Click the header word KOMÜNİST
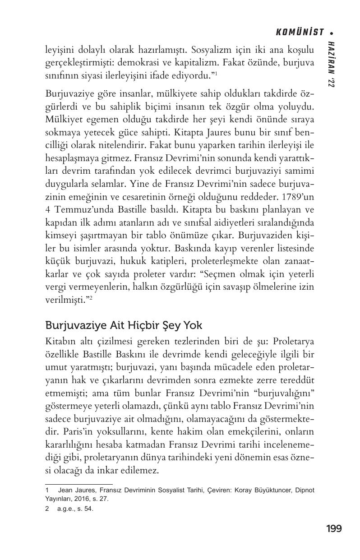pos(300,32)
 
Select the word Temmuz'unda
pos(77,210)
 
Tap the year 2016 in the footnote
pos(80,499)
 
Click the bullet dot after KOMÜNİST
pos(332,32)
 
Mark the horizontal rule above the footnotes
pos(79,484)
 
